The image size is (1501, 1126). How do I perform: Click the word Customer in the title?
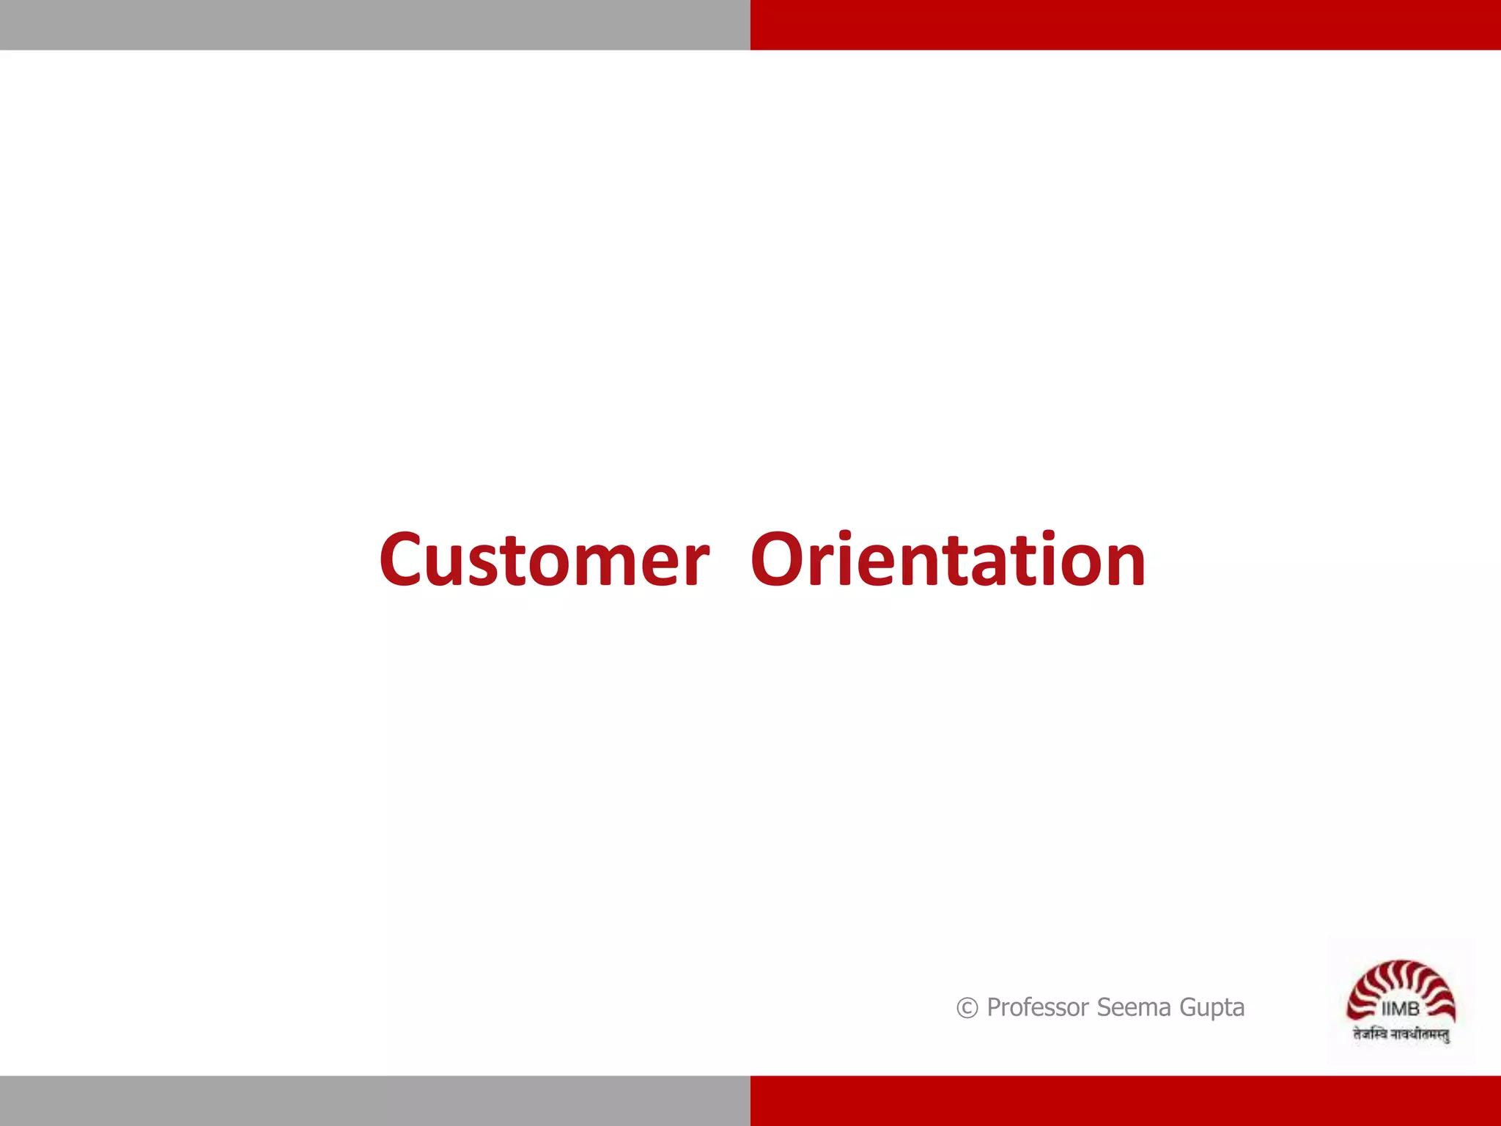coord(544,560)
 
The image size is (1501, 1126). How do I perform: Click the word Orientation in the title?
coord(948,560)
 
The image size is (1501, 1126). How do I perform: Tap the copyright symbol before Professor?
coord(967,1009)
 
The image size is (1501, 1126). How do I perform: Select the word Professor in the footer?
coord(1037,1008)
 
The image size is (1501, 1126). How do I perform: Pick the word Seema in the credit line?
coord(1134,1008)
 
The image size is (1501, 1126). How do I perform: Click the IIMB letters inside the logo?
coord(1400,1009)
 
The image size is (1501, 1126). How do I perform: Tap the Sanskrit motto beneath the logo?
coord(1401,1034)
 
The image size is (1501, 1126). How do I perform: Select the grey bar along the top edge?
coord(375,25)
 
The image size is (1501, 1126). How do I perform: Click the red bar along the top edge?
coord(1125,25)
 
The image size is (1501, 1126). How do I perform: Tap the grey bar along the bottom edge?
coord(375,1100)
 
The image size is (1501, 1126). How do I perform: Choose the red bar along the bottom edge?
coord(1125,1100)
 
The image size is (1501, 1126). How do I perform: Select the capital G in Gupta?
coord(1189,1007)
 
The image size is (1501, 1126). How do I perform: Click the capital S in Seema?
coord(1104,1007)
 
